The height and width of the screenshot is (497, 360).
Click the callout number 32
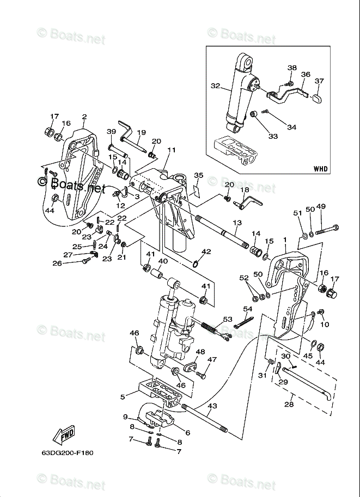click(x=215, y=86)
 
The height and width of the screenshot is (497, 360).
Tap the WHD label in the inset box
click(x=321, y=168)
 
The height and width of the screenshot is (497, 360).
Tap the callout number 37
click(x=319, y=81)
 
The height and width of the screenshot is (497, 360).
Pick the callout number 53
click(x=228, y=319)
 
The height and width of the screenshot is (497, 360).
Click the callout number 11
click(x=172, y=150)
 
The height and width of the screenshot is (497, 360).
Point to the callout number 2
click(x=84, y=116)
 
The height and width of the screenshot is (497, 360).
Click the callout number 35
click(x=198, y=175)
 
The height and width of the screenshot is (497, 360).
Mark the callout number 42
click(x=206, y=251)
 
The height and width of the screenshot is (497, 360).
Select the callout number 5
click(x=123, y=397)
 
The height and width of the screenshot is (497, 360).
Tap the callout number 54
click(x=248, y=309)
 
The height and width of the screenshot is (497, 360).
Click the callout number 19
click(x=141, y=132)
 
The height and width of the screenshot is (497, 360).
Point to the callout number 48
click(x=200, y=352)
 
